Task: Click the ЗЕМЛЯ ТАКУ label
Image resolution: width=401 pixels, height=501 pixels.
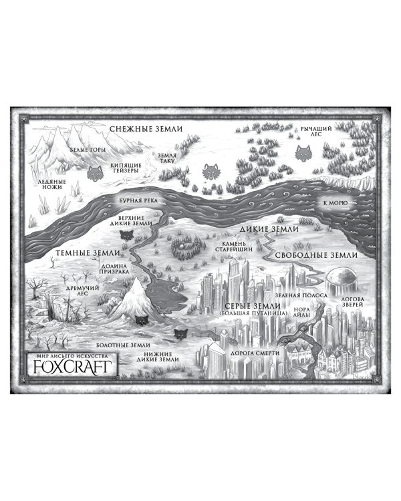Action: [x=167, y=158]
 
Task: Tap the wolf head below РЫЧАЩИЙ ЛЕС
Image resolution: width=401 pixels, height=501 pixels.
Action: [x=303, y=154]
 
